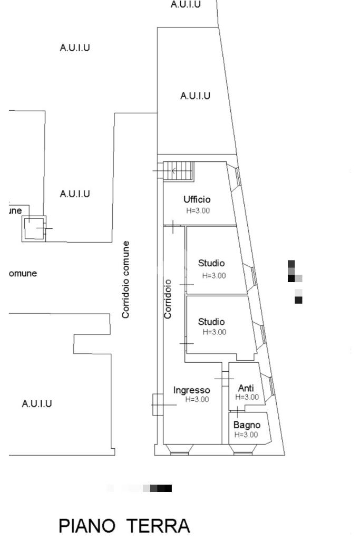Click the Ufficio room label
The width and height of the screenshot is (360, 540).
[x=197, y=199]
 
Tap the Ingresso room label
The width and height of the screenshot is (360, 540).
[x=192, y=390]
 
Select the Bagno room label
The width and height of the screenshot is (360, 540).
[x=247, y=425]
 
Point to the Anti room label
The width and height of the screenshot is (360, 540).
[x=246, y=388]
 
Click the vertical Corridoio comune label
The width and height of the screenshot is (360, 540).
[x=125, y=279]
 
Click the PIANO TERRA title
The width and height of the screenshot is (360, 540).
[x=124, y=526]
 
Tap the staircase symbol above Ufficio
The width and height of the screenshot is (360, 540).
[x=178, y=171]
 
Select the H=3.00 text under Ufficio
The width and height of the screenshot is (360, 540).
[x=198, y=210]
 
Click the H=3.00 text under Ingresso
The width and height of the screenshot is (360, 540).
[x=197, y=400]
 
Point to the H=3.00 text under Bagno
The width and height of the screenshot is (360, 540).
[x=246, y=435]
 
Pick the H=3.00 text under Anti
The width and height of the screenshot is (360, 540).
[x=247, y=397]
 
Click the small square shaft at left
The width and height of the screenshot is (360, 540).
[x=34, y=228]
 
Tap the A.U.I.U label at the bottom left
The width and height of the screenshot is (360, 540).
[x=37, y=404]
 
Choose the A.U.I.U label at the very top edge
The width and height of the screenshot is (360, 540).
[x=186, y=4]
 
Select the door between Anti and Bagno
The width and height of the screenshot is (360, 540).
[x=238, y=410]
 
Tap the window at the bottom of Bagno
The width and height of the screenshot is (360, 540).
[x=243, y=449]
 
